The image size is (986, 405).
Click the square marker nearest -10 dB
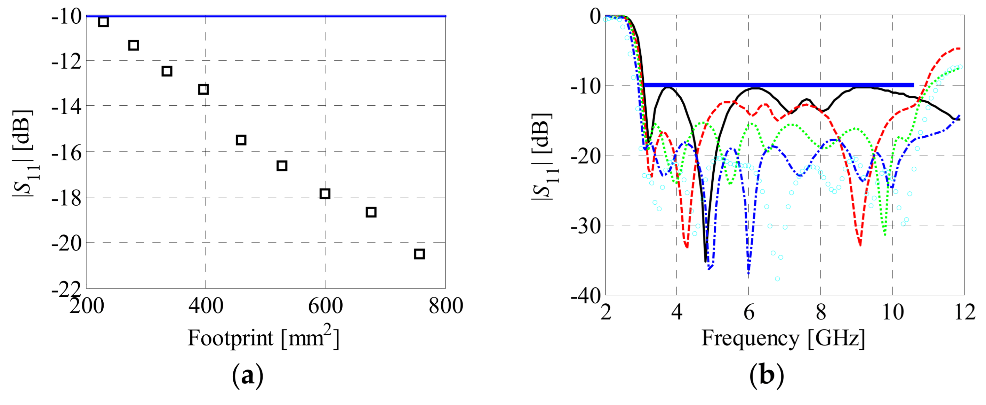[103, 22]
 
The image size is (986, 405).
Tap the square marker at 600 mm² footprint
[325, 193]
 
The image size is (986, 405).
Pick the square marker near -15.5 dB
[241, 140]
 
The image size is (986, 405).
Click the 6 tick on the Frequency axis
[749, 312]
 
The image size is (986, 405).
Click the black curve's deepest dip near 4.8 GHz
[705, 261]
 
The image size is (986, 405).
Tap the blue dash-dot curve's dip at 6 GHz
[749, 273]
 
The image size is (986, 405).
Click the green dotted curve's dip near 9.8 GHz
[884, 234]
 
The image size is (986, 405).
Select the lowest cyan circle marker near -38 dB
[777, 279]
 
